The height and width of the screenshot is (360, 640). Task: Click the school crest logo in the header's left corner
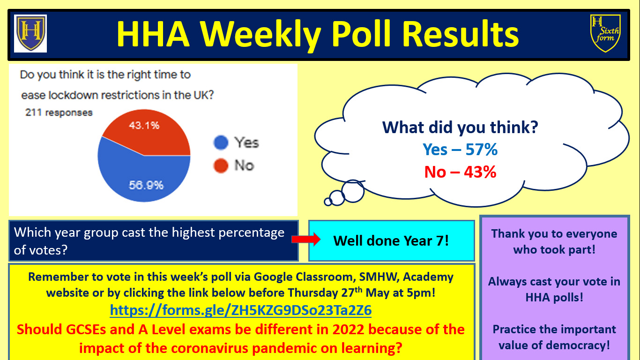click(30, 33)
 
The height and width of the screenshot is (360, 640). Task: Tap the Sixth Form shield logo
click(605, 33)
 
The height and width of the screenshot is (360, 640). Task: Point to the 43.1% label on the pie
click(144, 125)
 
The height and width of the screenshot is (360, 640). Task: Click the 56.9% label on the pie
click(146, 185)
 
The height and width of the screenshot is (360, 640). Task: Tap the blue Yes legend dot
click(221, 142)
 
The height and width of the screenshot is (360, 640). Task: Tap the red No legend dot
click(221, 165)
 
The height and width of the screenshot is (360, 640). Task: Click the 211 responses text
click(59, 112)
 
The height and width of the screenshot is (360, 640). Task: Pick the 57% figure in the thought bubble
click(482, 149)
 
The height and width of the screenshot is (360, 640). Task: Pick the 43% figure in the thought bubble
click(480, 172)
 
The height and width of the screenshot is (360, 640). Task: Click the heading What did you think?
click(460, 127)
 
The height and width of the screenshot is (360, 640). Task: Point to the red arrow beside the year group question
click(306, 240)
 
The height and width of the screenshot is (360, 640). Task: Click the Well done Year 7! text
click(391, 241)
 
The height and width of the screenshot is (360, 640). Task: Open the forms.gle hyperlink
click(240, 310)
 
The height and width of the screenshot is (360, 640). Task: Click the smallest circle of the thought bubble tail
click(328, 202)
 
